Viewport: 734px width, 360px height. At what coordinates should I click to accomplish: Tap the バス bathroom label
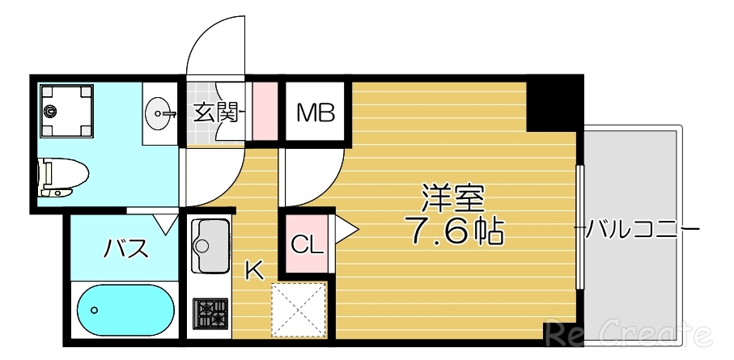(x=126, y=248)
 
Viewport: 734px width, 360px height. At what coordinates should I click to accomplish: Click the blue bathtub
(x=126, y=309)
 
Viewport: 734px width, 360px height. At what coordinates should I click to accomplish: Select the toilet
(x=63, y=176)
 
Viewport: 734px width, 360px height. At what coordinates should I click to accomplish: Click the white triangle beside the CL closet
(x=345, y=231)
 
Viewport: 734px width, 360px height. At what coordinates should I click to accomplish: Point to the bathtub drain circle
(x=95, y=310)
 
